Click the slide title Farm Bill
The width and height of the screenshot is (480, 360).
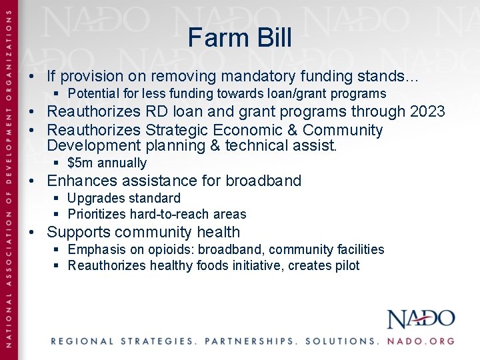click(x=239, y=37)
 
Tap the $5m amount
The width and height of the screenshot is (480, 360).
click(x=80, y=163)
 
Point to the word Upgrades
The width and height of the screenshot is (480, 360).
click(x=95, y=198)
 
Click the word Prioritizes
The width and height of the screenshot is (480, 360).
click(x=97, y=214)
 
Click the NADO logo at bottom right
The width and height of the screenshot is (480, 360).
click(x=421, y=319)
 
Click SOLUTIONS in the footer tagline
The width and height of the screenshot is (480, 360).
click(x=341, y=341)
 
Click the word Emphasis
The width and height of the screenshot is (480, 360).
click(x=97, y=249)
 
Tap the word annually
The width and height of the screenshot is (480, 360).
click(x=122, y=163)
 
